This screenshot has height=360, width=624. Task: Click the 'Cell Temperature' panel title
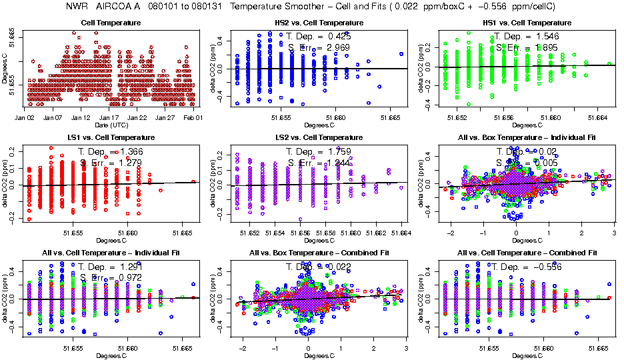coord(111,23)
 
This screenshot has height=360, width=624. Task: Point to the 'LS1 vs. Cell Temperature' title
coord(111,137)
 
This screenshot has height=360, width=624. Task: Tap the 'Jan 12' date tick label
coord(81,117)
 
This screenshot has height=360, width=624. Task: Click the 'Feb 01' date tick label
coord(193,117)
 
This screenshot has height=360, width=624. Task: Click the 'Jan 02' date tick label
coord(25,117)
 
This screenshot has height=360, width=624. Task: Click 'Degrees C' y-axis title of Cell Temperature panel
coord(5,69)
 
